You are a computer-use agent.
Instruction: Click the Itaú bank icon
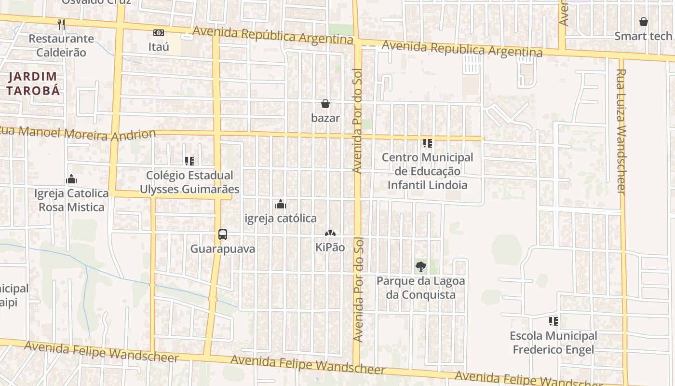coord(158,33)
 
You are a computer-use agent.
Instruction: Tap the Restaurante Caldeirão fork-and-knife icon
coord(61,24)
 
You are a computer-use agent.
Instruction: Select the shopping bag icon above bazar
coord(325,104)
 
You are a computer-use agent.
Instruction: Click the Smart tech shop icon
coord(643,22)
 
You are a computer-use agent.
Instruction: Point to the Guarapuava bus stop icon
coord(222,234)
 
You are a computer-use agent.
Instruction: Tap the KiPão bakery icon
coord(330,233)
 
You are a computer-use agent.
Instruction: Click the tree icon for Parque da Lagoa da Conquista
coord(421,266)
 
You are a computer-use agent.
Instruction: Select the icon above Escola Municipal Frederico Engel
coord(553,321)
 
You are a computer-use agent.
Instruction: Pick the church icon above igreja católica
coord(281,204)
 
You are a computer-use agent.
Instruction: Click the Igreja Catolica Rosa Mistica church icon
coord(71,179)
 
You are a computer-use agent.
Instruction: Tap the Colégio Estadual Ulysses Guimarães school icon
coord(189,161)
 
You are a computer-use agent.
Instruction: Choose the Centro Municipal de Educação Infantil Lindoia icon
coord(427,143)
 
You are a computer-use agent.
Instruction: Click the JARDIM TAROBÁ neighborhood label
coord(33,83)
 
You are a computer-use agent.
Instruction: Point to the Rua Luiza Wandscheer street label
coord(621,131)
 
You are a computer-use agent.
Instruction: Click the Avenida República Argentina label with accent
coord(273,35)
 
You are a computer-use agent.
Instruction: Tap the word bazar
coord(325,118)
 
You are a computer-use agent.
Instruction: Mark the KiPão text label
coord(330,247)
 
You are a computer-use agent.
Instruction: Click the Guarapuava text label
coord(222,249)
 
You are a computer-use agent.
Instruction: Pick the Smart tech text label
coord(643,36)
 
